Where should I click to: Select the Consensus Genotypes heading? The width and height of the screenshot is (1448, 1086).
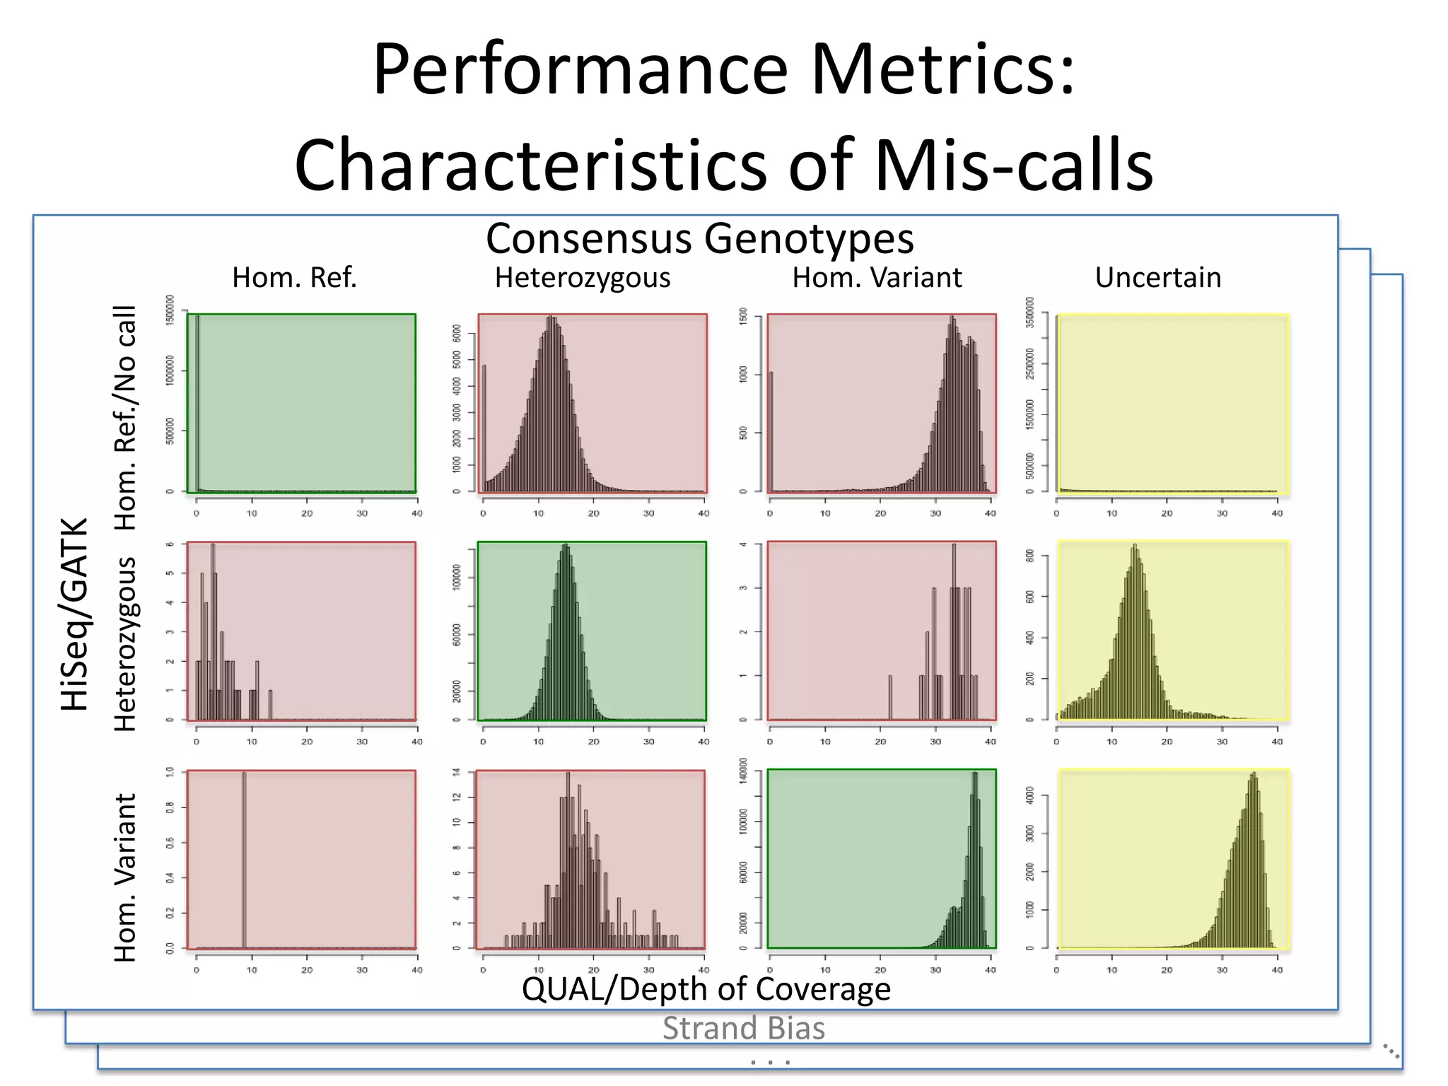[x=699, y=238]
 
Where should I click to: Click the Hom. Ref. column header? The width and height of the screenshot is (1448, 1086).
[x=294, y=278]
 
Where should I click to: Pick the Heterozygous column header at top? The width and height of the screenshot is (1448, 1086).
[x=583, y=278]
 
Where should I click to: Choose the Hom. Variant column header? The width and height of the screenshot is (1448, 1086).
[x=877, y=278]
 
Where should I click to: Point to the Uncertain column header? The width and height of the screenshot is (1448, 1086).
[x=1157, y=278]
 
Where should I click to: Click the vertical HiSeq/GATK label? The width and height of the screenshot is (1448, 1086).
[x=74, y=614]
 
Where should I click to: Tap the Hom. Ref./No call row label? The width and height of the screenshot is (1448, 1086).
[x=125, y=417]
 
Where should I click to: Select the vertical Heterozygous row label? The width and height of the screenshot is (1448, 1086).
[x=125, y=643]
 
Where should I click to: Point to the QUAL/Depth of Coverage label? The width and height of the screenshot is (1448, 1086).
[x=706, y=988]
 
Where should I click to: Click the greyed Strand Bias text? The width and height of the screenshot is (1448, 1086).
[x=743, y=1028]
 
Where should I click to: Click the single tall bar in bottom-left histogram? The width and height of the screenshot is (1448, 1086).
[x=244, y=859]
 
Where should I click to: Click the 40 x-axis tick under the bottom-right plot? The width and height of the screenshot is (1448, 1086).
[x=1277, y=970]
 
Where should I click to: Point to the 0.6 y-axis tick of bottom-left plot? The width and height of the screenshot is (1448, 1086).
[x=170, y=842]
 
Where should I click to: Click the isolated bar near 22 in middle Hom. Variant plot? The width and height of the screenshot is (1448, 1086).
[x=890, y=697]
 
